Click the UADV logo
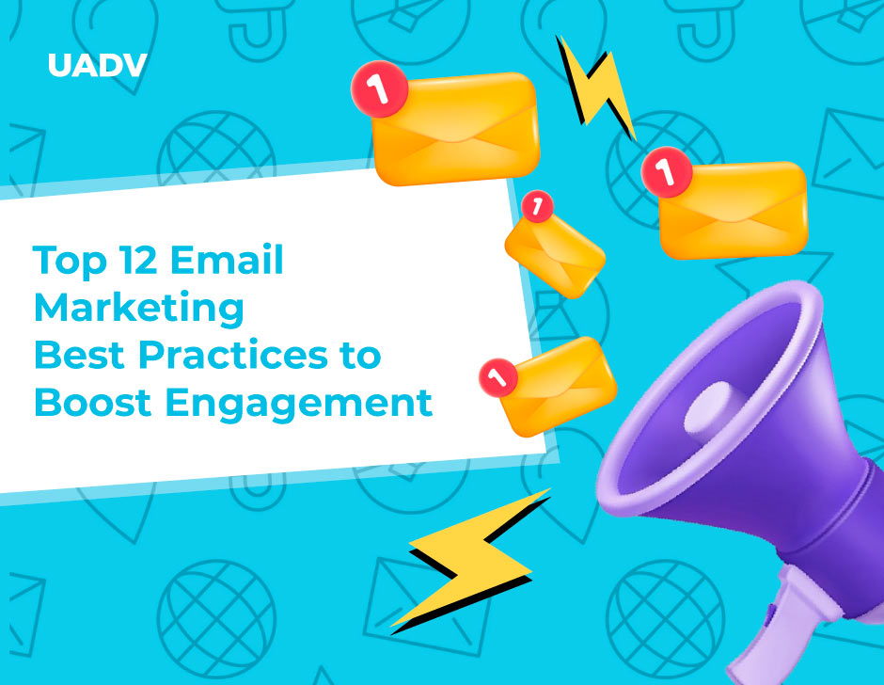click(x=97, y=66)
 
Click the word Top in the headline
click(x=71, y=261)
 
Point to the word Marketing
click(x=138, y=308)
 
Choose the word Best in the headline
click(x=80, y=356)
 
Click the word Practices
click(x=230, y=356)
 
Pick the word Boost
click(x=94, y=403)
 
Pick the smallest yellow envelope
click(x=555, y=250)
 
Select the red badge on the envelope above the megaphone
click(x=665, y=172)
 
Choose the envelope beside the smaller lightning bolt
click(x=455, y=127)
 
